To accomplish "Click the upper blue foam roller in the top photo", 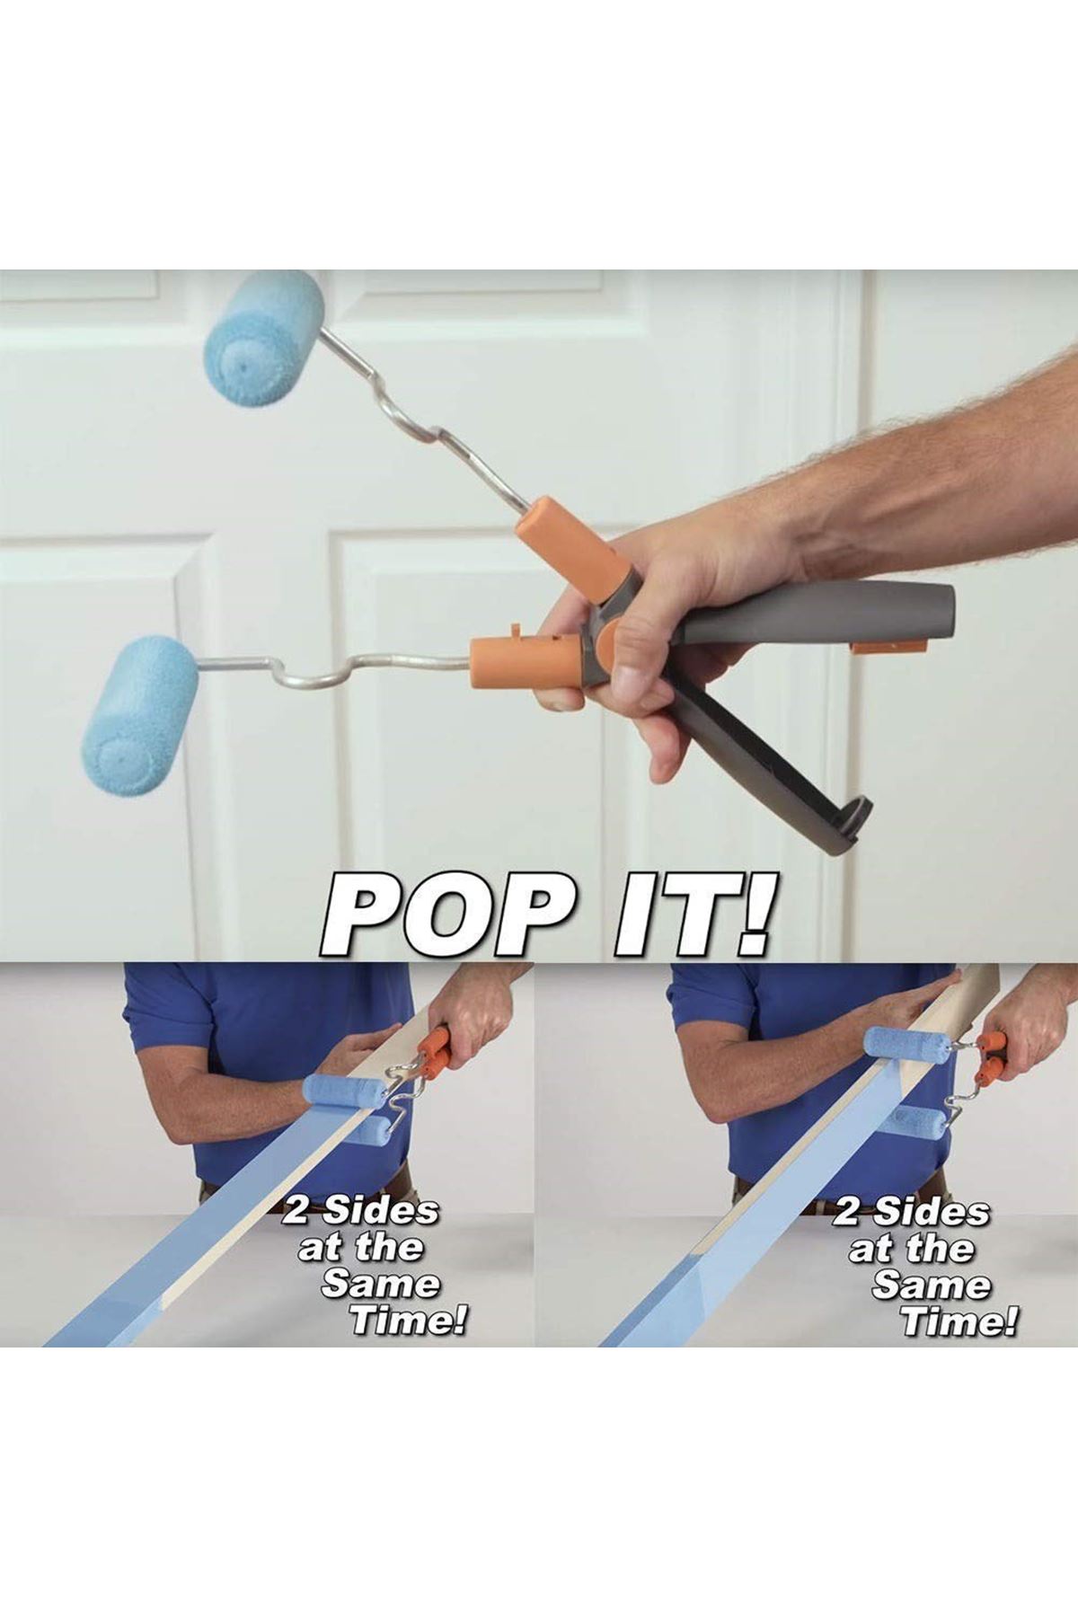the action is pyautogui.click(x=265, y=337).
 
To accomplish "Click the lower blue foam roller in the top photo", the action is pyautogui.click(x=140, y=715).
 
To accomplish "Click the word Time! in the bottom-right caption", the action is pyautogui.click(x=959, y=1321).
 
